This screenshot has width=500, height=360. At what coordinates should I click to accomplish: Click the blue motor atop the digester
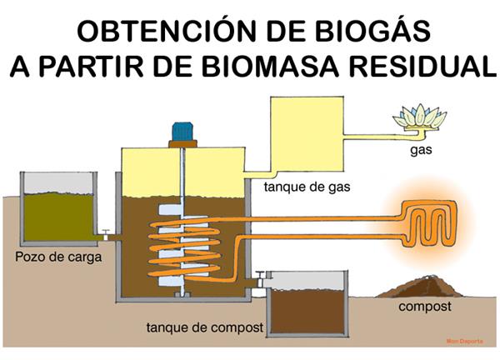(182, 132)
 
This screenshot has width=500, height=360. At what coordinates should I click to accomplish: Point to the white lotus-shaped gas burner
(420, 119)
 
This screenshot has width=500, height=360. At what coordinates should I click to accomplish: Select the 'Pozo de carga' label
(58, 257)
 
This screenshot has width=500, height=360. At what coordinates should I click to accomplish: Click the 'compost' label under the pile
(425, 307)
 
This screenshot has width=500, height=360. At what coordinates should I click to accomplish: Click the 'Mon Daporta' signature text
(465, 342)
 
